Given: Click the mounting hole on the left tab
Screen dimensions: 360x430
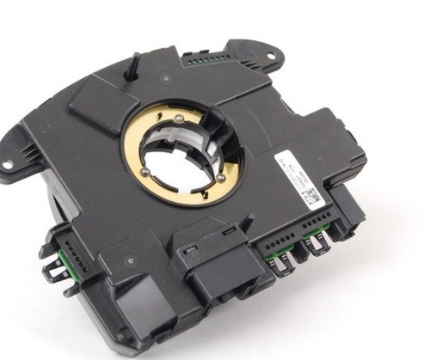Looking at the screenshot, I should [8, 162].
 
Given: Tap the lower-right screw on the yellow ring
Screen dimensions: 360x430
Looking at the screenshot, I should [221, 179].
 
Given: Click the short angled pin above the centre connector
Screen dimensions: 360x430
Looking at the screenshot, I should [247, 221].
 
